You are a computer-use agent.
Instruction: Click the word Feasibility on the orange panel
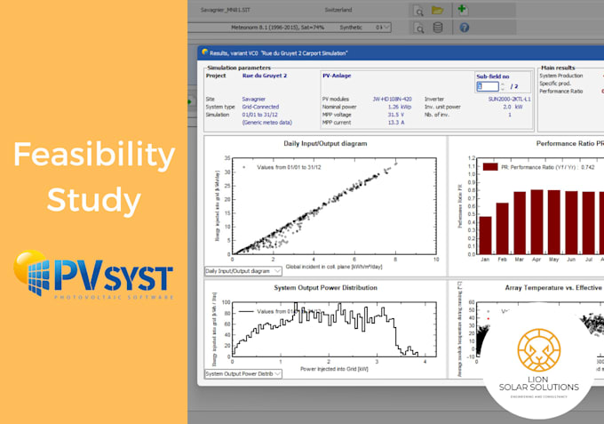point(93,157)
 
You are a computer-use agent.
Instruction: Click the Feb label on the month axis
point(502,260)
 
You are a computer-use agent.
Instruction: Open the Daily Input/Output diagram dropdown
point(242,270)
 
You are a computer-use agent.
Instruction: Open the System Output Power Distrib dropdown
point(242,373)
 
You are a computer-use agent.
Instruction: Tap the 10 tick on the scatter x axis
point(434,260)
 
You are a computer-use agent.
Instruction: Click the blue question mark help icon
point(463,28)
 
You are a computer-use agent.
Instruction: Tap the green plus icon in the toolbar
point(461,9)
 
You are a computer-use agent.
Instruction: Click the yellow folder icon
point(438,10)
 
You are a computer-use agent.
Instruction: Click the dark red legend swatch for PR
point(489,165)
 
